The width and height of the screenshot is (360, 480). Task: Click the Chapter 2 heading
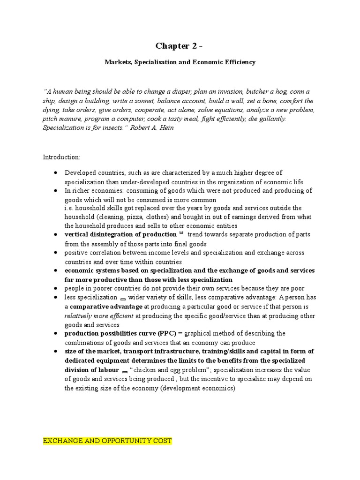pos(180,45)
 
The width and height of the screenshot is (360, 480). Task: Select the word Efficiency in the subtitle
pos(238,62)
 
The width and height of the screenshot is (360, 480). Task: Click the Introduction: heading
pos(61,157)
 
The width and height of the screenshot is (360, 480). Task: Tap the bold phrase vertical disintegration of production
pos(120,234)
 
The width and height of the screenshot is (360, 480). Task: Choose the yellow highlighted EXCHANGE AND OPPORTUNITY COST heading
pos(107,441)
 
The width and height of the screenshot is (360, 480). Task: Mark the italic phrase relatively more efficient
pos(99,315)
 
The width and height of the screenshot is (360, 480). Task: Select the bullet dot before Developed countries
pos(56,173)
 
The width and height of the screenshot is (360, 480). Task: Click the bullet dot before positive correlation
pos(56,253)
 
